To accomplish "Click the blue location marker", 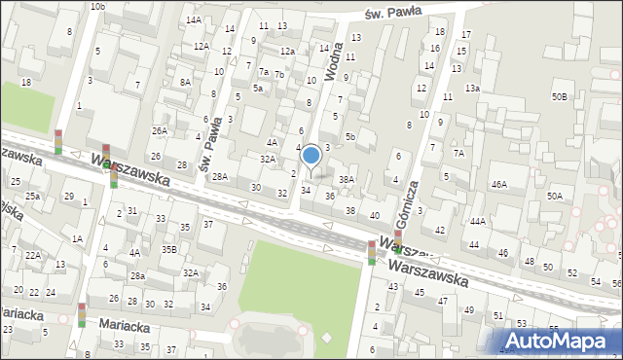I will tap(311, 156).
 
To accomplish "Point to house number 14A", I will tap(194, 19).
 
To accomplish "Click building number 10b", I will tap(97, 7).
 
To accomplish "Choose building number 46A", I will tap(498, 184).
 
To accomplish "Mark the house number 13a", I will tap(472, 89).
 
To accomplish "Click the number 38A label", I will tap(346, 180).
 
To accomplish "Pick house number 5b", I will tap(349, 137).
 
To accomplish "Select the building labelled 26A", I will tap(159, 130).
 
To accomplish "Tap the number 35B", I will tap(168, 249).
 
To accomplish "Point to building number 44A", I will tap(477, 222).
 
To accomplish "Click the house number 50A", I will tap(554, 196).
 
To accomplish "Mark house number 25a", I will tap(32, 197).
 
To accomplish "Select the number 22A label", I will tap(33, 255).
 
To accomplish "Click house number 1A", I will tap(77, 238).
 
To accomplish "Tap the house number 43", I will tap(393, 286).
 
